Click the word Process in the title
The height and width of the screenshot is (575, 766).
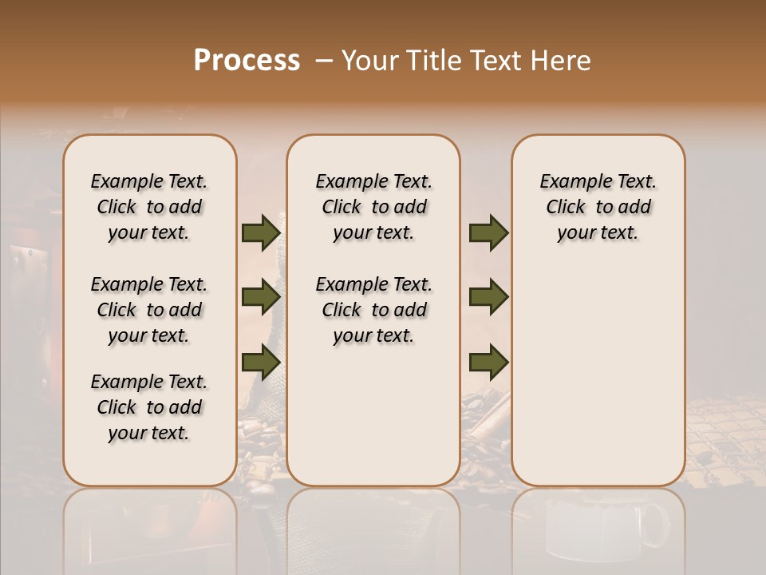pos(247,61)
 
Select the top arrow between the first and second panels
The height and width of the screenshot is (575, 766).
pos(260,233)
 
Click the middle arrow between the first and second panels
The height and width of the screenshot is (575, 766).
pos(260,297)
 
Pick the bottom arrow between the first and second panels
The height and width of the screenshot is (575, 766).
pos(260,361)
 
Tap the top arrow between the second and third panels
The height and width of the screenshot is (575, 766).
pos(488,233)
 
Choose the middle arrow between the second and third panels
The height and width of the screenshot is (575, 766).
pos(488,297)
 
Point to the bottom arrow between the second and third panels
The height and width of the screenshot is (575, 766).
pos(488,361)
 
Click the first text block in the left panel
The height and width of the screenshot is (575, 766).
pos(149,207)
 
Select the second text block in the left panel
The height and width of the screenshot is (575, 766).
pos(149,310)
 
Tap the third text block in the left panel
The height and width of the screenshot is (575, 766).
pos(149,407)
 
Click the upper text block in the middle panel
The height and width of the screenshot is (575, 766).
pos(373,207)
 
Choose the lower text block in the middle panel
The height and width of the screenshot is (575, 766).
pos(373,310)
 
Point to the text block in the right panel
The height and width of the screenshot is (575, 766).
pos(598,207)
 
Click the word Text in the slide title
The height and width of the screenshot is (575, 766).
pos(498,61)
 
